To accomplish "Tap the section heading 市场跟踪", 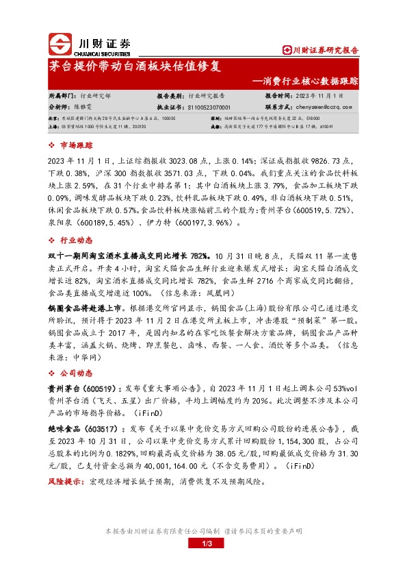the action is coord(76,145).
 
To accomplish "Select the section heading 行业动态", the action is coord(76,240).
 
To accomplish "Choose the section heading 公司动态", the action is coord(76,373).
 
